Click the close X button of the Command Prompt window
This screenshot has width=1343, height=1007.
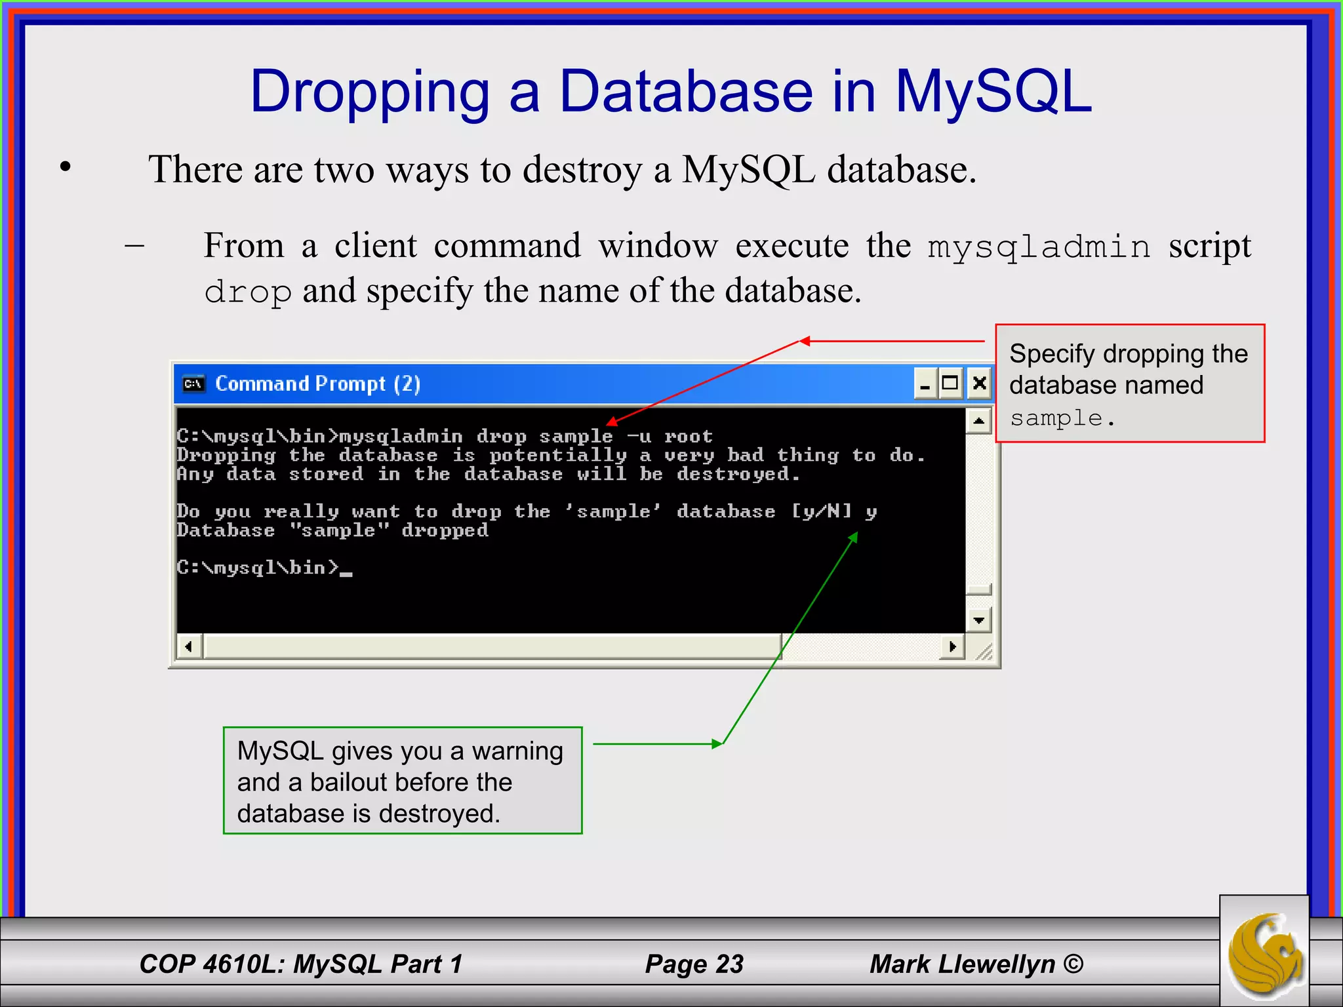coord(979,383)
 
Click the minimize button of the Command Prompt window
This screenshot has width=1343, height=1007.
coord(925,384)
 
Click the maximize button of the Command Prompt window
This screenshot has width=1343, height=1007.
coord(950,383)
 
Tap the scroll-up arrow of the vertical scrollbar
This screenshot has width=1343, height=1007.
coord(978,421)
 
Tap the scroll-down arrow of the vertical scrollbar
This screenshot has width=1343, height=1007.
coord(978,620)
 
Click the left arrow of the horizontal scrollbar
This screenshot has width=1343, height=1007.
coord(189,647)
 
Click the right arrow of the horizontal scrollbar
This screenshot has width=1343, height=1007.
coord(952,647)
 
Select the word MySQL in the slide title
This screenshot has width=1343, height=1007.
coord(993,92)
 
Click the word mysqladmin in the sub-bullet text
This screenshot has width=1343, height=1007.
coord(1039,247)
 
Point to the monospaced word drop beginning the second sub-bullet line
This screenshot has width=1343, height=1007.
coord(247,292)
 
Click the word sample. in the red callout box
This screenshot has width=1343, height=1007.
coord(1062,418)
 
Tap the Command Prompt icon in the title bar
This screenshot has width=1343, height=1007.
coord(193,384)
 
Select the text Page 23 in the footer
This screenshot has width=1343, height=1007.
coord(694,964)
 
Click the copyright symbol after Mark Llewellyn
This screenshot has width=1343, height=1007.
coord(1073,964)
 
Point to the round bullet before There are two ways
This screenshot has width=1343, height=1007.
coord(65,168)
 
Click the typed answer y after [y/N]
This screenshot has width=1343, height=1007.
coord(870,511)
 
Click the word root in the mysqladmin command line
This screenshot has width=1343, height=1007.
coord(688,437)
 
